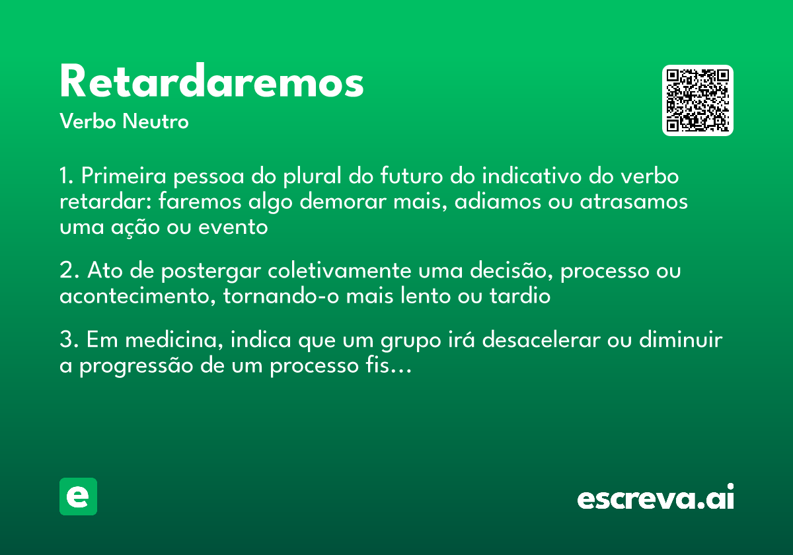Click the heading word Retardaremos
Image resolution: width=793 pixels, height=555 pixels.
(x=211, y=81)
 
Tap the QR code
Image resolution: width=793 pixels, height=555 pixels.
(x=697, y=100)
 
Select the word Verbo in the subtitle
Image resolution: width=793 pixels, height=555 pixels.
(x=88, y=121)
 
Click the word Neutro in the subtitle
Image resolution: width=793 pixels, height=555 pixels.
(x=155, y=121)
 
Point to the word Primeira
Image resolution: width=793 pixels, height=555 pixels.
(x=124, y=176)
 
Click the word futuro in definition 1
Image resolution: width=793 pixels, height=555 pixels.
(x=411, y=176)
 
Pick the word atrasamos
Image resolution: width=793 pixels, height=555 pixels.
(x=634, y=202)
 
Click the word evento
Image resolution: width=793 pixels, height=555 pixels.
(x=233, y=227)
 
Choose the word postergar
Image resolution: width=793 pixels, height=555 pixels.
(x=211, y=271)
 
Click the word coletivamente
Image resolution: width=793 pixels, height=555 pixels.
(x=339, y=270)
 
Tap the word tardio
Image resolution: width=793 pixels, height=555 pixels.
(x=520, y=296)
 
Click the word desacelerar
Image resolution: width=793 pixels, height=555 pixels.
(x=541, y=340)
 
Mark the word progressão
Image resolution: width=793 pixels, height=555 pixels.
(x=136, y=366)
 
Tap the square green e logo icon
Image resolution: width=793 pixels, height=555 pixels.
(x=78, y=496)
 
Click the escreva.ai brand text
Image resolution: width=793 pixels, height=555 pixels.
(x=656, y=496)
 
